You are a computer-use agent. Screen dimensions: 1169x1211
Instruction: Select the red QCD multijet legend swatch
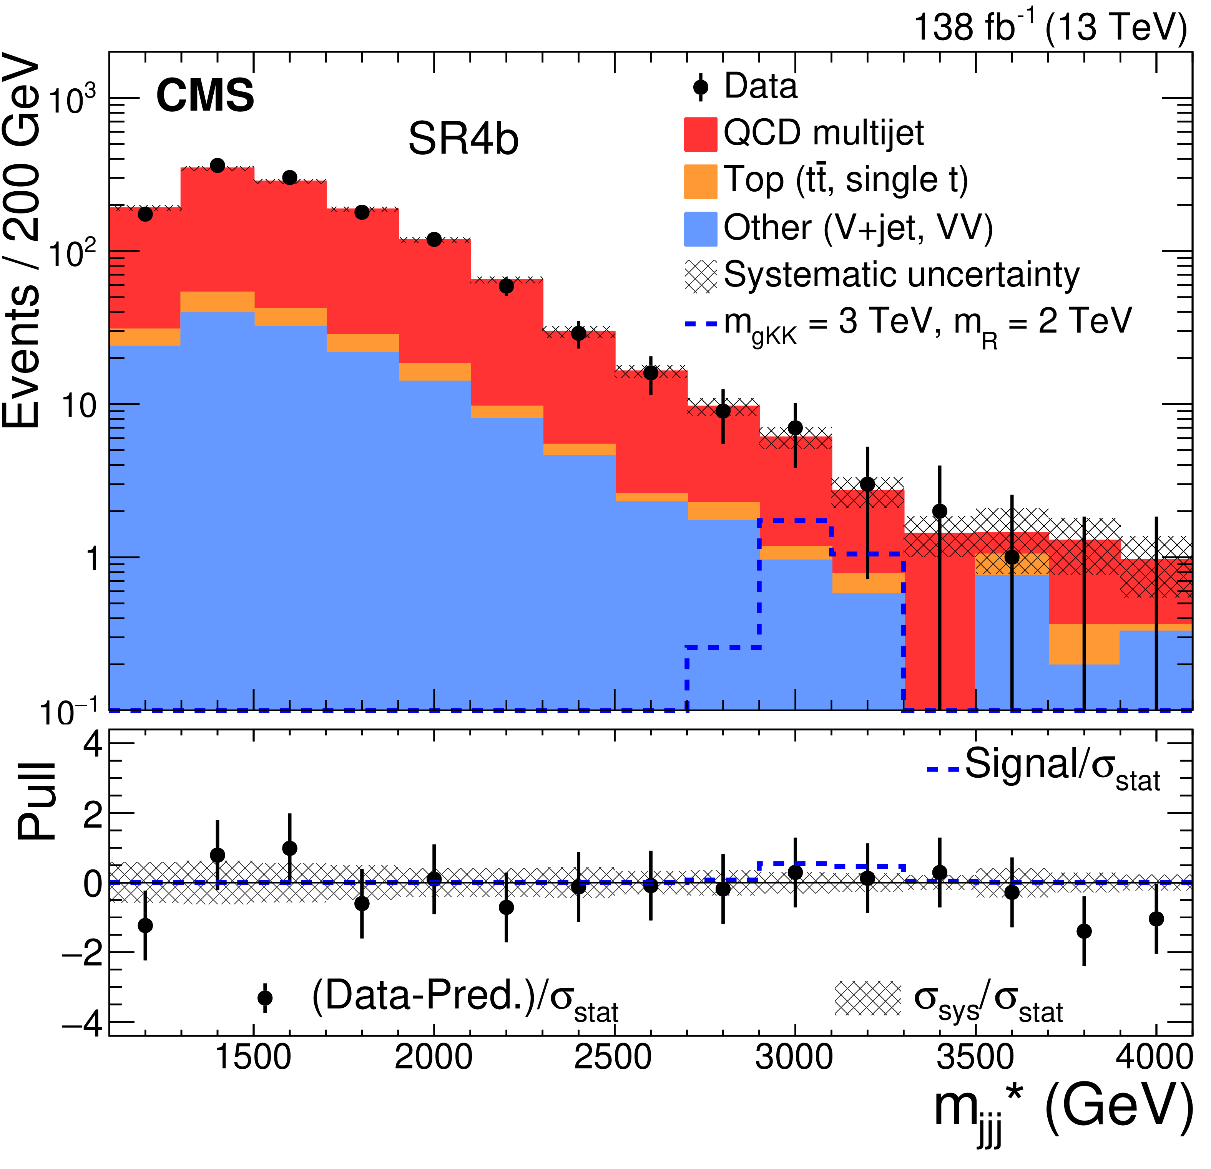tap(700, 134)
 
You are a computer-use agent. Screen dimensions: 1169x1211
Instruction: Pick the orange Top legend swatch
tap(700, 182)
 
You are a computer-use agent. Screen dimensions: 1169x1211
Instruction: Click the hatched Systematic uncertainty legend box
tap(700, 275)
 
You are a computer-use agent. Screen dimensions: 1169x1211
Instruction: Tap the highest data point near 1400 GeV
tap(218, 166)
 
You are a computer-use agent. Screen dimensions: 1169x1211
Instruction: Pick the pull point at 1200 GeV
tap(145, 926)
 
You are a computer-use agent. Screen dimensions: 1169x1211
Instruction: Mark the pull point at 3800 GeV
tap(1084, 931)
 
